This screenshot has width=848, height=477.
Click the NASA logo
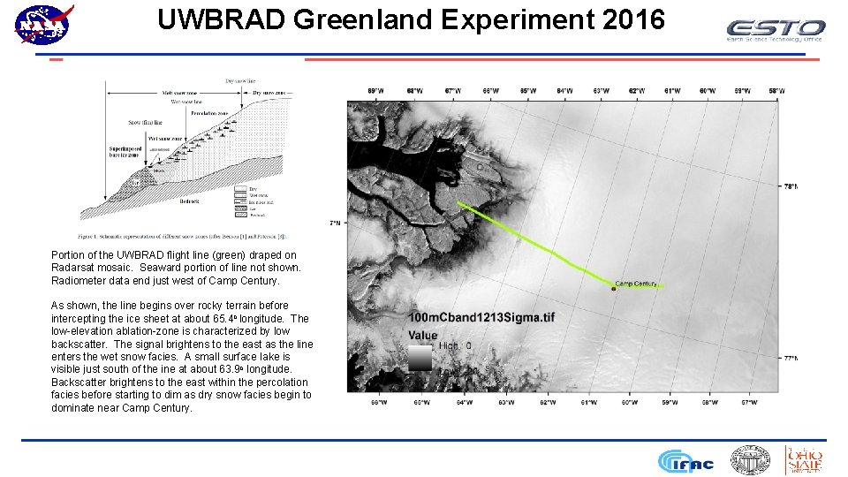[42, 24]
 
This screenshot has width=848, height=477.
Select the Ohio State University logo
[804, 460]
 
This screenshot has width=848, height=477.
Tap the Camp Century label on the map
[635, 284]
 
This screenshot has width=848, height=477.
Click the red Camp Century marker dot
[613, 288]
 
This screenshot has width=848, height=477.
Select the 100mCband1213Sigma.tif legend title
[481, 318]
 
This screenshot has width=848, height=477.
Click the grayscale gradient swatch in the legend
[420, 358]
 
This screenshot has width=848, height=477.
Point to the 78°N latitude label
[791, 186]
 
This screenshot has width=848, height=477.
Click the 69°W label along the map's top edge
[375, 90]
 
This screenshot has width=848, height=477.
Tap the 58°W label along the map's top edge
[776, 90]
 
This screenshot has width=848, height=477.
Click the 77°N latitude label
[791, 358]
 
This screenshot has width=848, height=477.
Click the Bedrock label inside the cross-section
[189, 201]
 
